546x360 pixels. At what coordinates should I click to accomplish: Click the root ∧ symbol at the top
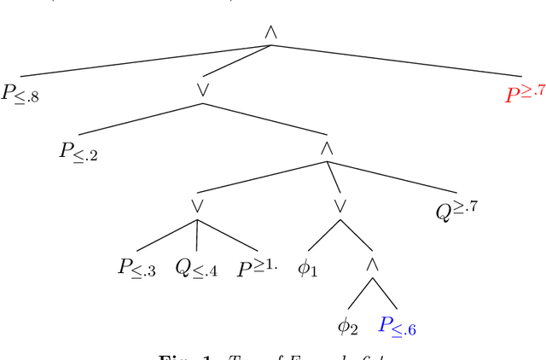[x=270, y=32]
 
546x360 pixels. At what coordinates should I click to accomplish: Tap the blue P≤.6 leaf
[x=398, y=325]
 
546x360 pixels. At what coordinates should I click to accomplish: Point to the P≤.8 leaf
[x=20, y=95]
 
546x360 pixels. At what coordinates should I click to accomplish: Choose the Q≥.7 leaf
[x=457, y=210]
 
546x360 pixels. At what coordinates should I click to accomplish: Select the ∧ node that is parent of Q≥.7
[x=327, y=148]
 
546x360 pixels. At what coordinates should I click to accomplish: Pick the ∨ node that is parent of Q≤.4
[x=197, y=206]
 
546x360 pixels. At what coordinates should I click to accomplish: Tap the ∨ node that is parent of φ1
[x=340, y=206]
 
